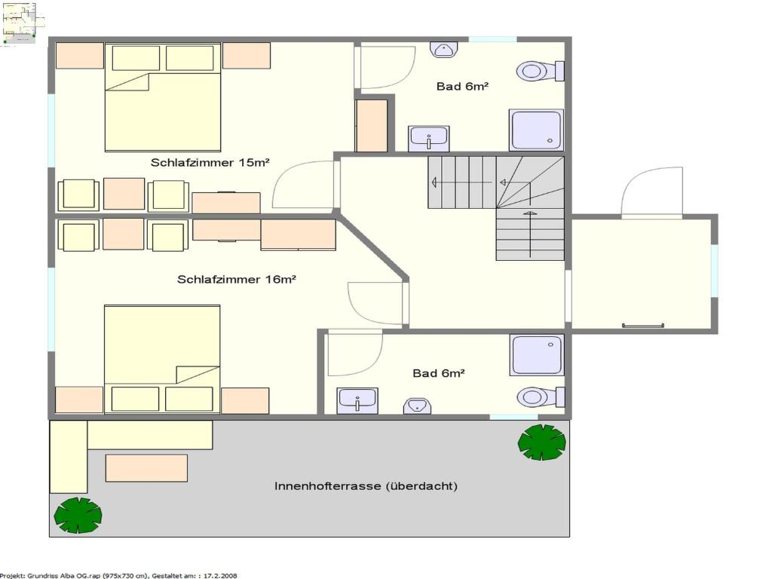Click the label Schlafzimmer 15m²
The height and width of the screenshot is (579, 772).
[210, 163]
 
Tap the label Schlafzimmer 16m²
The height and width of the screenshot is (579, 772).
[236, 280]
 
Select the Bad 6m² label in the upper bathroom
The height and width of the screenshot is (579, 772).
[462, 86]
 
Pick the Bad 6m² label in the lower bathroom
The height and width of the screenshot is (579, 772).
[439, 373]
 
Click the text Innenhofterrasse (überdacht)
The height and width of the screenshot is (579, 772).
[366, 486]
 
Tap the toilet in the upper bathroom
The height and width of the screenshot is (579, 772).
[540, 71]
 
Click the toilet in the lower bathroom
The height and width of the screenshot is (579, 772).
[541, 397]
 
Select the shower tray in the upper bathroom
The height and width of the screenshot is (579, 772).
[536, 130]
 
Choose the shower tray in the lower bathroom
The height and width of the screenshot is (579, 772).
[537, 356]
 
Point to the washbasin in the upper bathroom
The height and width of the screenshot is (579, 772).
[429, 139]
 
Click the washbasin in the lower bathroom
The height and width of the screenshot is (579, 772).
[357, 401]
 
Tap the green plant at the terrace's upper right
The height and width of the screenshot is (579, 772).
[541, 442]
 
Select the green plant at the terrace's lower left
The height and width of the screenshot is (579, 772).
[78, 515]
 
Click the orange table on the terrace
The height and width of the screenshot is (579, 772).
[146, 467]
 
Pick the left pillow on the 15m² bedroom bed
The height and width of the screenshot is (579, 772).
[136, 58]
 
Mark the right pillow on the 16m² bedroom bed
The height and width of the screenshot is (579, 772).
[189, 399]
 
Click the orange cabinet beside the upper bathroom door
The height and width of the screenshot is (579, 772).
[371, 126]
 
